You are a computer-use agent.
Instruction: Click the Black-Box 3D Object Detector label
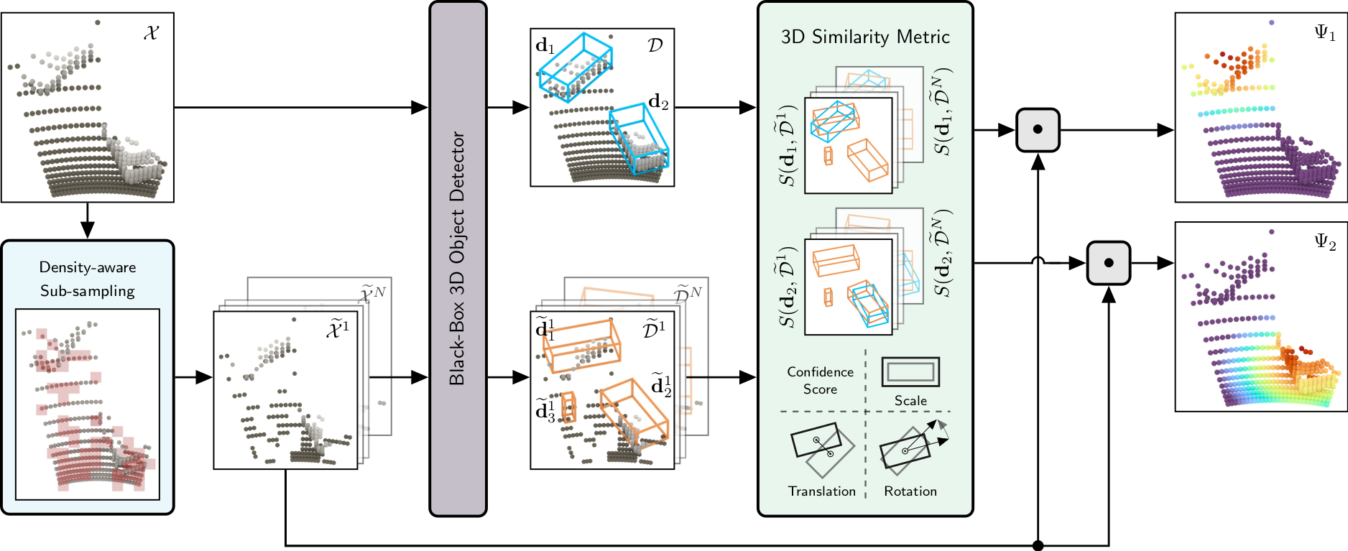click(458, 259)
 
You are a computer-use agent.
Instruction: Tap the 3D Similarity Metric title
click(865, 37)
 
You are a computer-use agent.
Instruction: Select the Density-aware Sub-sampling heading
click(88, 279)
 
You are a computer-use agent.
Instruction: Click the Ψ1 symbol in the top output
click(1324, 32)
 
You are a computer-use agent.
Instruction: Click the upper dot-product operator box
click(1038, 130)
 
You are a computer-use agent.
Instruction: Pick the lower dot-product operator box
click(1108, 263)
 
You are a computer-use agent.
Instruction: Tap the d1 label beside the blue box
click(545, 47)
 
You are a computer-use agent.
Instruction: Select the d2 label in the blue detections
click(658, 103)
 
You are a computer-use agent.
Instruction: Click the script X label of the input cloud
click(151, 33)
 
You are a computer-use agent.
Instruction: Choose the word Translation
click(822, 491)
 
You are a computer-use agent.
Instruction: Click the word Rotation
click(910, 491)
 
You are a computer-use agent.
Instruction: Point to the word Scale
click(910, 401)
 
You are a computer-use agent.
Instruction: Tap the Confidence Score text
click(821, 380)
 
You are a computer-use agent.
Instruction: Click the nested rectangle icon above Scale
click(910, 371)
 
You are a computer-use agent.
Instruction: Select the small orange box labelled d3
click(568, 407)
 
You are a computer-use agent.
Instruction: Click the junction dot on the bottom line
click(1038, 546)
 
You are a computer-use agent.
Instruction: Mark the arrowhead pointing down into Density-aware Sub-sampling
click(88, 229)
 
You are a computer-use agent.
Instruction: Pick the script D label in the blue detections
click(655, 45)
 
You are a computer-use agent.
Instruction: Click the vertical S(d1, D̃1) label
click(788, 145)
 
